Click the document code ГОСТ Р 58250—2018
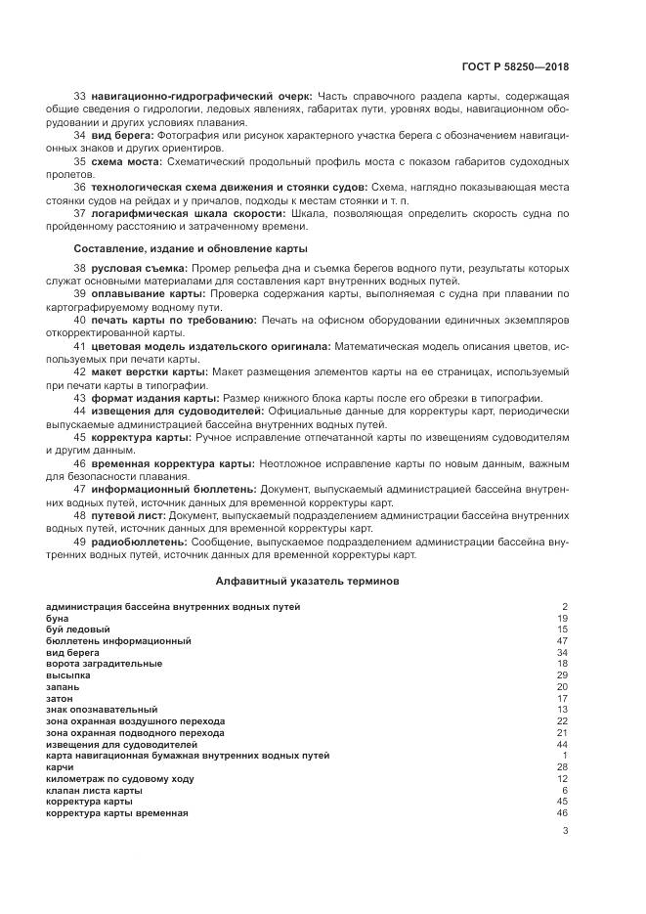[515, 66]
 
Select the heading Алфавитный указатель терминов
[306, 581]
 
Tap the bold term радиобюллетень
[139, 541]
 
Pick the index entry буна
[58, 619]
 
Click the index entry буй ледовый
[77, 630]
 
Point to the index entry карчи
[61, 767]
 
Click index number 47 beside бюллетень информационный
[562, 641]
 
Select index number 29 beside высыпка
[562, 675]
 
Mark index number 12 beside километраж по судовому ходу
[562, 779]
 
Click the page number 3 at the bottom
[565, 832]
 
